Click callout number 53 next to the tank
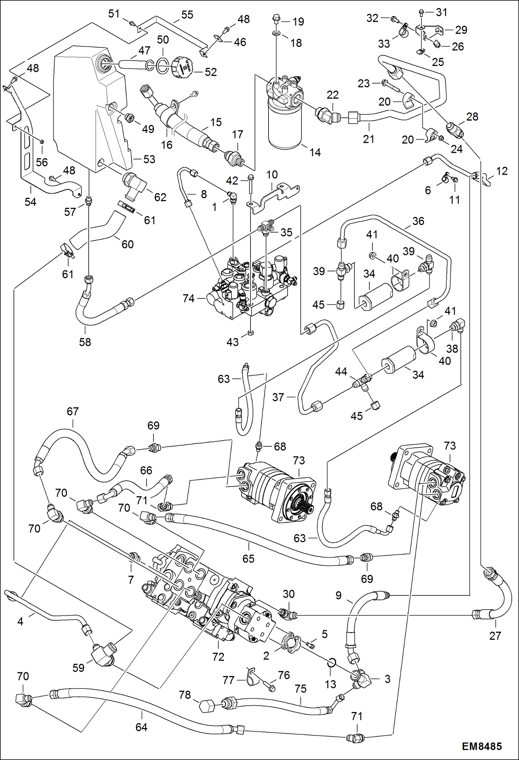coord(149,159)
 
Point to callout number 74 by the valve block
coord(188,298)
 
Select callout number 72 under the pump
coord(218,657)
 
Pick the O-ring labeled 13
coord(331,663)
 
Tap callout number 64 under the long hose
coord(141,727)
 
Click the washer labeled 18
coord(276,33)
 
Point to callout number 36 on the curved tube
coord(418,221)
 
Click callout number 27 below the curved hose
coord(495,636)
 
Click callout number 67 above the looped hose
coord(73,411)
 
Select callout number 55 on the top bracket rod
coord(187,15)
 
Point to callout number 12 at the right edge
coord(501,171)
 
